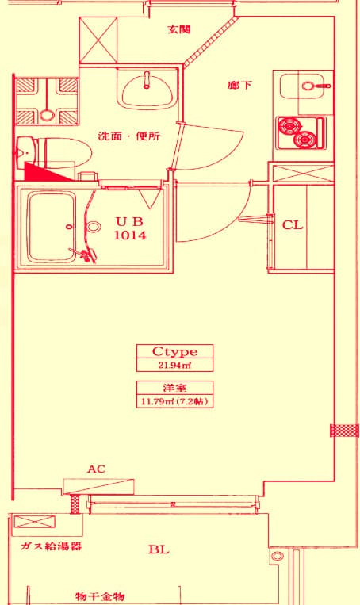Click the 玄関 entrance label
click(179, 29)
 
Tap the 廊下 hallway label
click(239, 85)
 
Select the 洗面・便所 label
click(128, 136)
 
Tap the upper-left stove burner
click(289, 126)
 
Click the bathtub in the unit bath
click(52, 227)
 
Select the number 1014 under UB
click(130, 235)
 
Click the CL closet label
click(293, 225)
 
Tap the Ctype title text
click(174, 351)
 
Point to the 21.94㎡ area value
click(174, 366)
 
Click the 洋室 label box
click(174, 388)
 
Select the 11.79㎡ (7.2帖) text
click(174, 402)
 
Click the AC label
click(96, 469)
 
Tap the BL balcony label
click(159, 549)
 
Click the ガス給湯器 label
click(51, 546)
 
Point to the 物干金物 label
click(101, 596)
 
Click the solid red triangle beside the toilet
click(42, 174)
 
